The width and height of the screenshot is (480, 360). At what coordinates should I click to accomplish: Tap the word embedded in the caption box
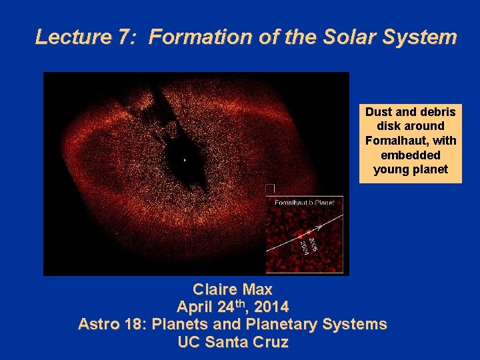410,155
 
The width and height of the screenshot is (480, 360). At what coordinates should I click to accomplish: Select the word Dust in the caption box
379,112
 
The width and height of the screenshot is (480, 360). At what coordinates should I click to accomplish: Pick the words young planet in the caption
410,169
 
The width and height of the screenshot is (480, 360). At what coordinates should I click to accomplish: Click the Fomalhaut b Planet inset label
303,201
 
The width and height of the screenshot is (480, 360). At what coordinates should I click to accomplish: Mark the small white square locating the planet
270,189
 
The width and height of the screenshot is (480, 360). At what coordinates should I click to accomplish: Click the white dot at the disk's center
185,160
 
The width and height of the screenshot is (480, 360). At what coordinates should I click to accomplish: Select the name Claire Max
233,290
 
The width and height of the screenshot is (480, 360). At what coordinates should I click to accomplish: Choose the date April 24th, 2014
233,307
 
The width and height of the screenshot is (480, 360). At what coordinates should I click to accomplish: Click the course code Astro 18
111,325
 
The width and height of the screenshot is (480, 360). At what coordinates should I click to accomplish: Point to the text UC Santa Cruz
233,343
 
